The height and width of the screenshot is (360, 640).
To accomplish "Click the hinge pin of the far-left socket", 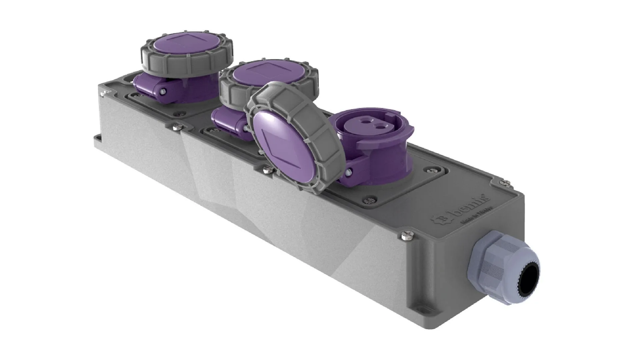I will point(162,91).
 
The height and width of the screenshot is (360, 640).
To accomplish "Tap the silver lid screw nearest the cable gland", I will point(406,236).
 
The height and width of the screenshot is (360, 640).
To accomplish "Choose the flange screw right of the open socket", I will point(429,170).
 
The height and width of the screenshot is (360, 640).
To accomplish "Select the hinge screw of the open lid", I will point(348,172).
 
